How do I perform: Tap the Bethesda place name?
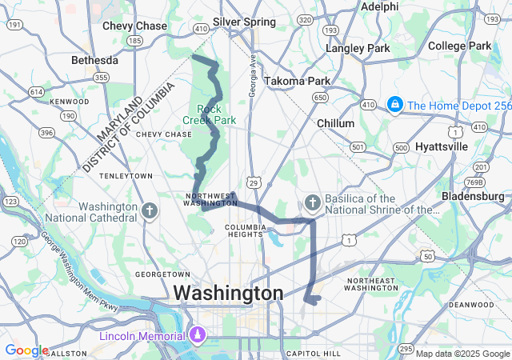(x=94, y=60)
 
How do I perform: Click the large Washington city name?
(x=228, y=294)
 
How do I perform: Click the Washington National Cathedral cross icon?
(x=149, y=210)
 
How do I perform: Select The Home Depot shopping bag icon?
(x=394, y=105)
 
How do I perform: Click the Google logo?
(x=26, y=350)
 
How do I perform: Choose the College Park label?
(x=459, y=46)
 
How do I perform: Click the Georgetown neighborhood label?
(x=162, y=274)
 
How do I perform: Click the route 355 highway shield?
(x=101, y=78)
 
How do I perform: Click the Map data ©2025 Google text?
(x=462, y=353)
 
